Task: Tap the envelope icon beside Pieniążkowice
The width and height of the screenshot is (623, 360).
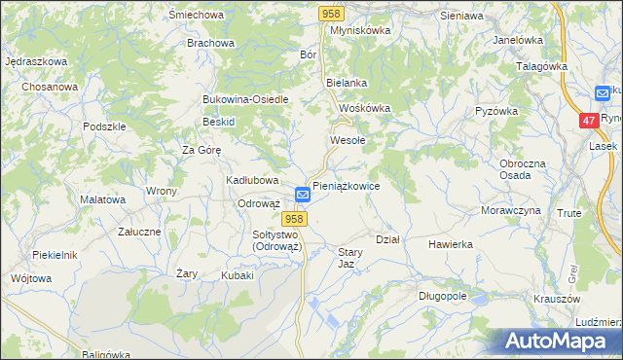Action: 303,195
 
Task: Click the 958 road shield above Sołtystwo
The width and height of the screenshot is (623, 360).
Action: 297,220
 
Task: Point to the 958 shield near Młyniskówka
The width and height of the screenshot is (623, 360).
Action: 331,13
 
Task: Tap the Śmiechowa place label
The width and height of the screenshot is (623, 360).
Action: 196,16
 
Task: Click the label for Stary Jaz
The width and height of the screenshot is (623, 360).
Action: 350,258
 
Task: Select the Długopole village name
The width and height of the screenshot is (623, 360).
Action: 443,295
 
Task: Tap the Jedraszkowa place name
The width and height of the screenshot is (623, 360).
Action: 36,61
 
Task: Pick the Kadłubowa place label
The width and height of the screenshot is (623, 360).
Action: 253,180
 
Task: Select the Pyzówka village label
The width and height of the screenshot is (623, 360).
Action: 496,111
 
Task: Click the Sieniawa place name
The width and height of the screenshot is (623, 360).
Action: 461,17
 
